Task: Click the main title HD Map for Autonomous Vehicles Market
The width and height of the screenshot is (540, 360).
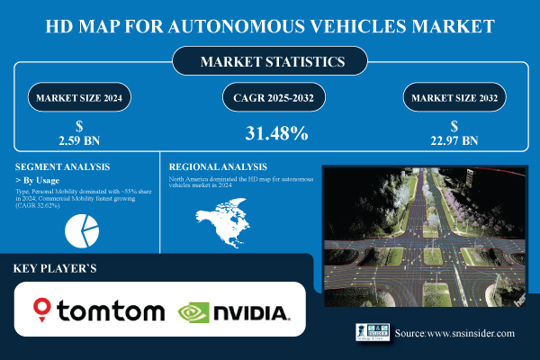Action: coord(269,23)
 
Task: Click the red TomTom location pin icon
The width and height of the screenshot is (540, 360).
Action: coord(41,310)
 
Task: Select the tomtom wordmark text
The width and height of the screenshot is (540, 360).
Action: coord(111,311)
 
